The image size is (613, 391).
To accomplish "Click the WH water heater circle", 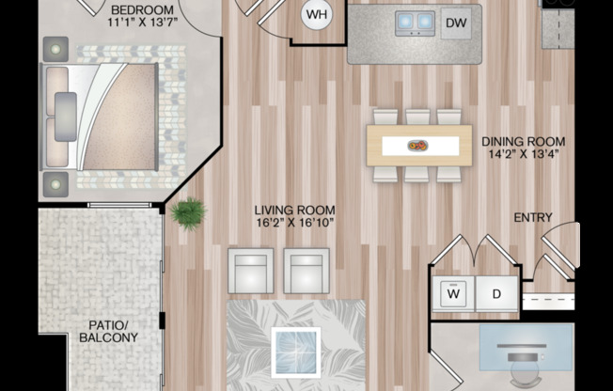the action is click(317, 15).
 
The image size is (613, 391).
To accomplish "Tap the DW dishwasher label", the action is click(456, 23).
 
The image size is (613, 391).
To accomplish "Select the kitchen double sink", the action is click(415, 23).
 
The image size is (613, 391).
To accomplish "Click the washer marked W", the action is click(453, 293).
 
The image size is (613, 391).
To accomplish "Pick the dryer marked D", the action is click(496, 293).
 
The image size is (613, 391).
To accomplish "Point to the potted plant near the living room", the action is click(188, 213).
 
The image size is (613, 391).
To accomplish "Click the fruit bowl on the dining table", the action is click(418, 146).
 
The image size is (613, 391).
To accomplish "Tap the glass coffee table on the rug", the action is click(296, 352).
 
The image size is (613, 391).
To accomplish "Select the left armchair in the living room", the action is click(251, 271).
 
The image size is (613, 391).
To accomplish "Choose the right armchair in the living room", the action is click(306, 271).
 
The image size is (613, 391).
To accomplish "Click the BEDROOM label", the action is click(142, 9).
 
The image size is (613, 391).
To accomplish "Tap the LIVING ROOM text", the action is click(295, 211).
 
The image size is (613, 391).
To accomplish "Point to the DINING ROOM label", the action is click(523, 142).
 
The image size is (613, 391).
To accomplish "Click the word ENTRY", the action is click(533, 217).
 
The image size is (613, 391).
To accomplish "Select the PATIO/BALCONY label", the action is click(109, 331).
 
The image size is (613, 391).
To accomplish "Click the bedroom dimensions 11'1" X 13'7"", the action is click(143, 22).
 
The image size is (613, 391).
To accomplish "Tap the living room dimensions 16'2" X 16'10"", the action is click(295, 223).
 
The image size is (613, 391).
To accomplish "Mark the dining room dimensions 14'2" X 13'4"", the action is click(524, 154).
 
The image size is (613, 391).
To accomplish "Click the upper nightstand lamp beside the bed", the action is click(55, 49).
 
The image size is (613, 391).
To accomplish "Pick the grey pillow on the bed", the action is click(66, 117).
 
